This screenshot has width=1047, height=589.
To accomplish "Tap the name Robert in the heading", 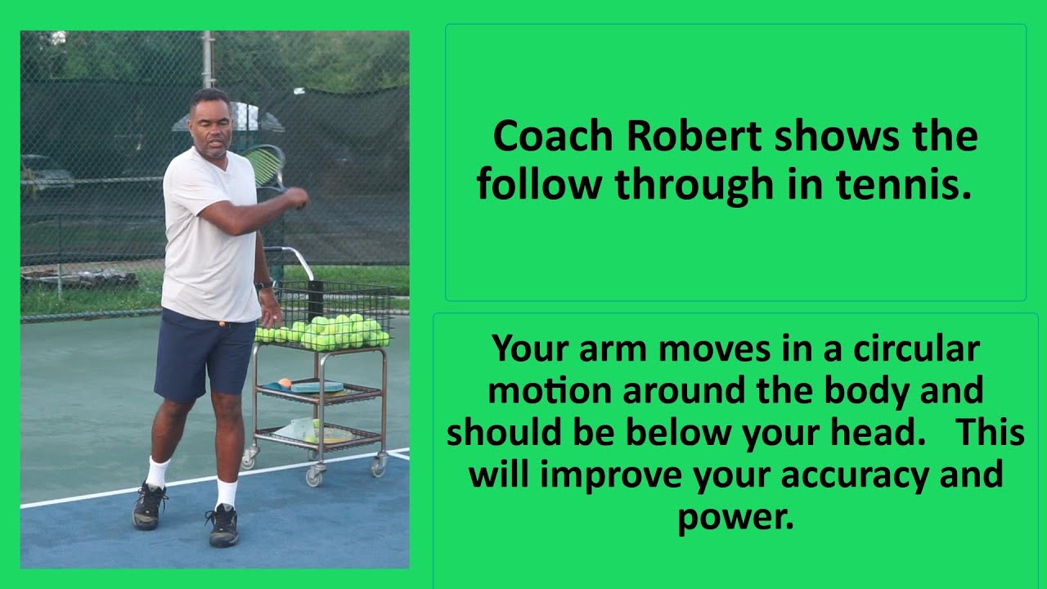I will coord(696,137).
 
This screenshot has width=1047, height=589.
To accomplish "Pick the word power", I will coord(735,517).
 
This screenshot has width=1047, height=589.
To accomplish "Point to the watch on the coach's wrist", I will coord(263,286).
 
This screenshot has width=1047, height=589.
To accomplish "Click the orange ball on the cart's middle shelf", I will coord(285,383).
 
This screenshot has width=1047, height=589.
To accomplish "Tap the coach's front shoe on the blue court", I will coord(222,527).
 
